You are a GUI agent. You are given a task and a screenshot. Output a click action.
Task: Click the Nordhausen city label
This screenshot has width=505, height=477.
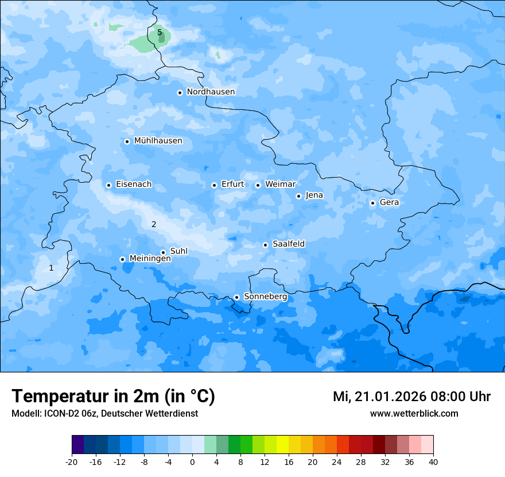coord(211,92)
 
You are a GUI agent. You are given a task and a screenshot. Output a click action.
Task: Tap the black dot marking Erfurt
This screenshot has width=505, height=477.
coord(214,185)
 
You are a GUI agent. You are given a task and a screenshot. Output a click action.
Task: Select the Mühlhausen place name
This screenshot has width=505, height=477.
coord(158,141)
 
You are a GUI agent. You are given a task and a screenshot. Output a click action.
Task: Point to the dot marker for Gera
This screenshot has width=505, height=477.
coord(372,203)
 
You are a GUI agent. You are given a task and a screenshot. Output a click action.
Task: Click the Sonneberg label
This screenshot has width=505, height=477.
coord(265,297)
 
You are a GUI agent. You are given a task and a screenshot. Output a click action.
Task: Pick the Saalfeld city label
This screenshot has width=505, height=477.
coord(289,244)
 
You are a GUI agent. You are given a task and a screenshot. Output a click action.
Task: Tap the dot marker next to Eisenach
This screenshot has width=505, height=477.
coord(108,185)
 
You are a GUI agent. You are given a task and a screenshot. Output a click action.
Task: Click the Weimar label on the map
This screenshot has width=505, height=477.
coord(280,184)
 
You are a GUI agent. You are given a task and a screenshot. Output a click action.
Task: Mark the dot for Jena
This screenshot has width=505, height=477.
coord(298,196)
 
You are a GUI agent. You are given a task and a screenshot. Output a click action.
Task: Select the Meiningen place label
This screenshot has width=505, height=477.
coord(150,259)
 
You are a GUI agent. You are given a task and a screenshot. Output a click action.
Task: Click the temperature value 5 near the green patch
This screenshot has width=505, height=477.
coord(160,33)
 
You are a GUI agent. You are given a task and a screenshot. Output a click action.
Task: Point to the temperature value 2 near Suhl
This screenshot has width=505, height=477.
coord(154,225)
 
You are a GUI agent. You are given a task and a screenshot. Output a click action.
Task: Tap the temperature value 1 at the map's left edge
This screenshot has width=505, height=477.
coord(51,268)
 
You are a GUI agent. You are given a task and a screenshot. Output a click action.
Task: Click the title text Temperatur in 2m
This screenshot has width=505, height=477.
coord(113,396)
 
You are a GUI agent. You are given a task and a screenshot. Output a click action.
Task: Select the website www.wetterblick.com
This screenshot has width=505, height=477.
coord(414,413)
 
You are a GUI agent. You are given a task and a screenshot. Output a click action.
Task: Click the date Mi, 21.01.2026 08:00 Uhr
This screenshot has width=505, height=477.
coord(411,397)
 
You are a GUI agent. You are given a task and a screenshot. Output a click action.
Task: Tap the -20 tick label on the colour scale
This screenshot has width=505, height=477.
coord(72,461)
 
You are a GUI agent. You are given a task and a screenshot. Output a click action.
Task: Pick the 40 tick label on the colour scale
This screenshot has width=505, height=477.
coord(433,461)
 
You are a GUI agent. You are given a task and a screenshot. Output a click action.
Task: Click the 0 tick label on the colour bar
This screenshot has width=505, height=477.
coord(192,461)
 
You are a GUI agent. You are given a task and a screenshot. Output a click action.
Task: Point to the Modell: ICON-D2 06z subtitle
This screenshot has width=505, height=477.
coord(104,413)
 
